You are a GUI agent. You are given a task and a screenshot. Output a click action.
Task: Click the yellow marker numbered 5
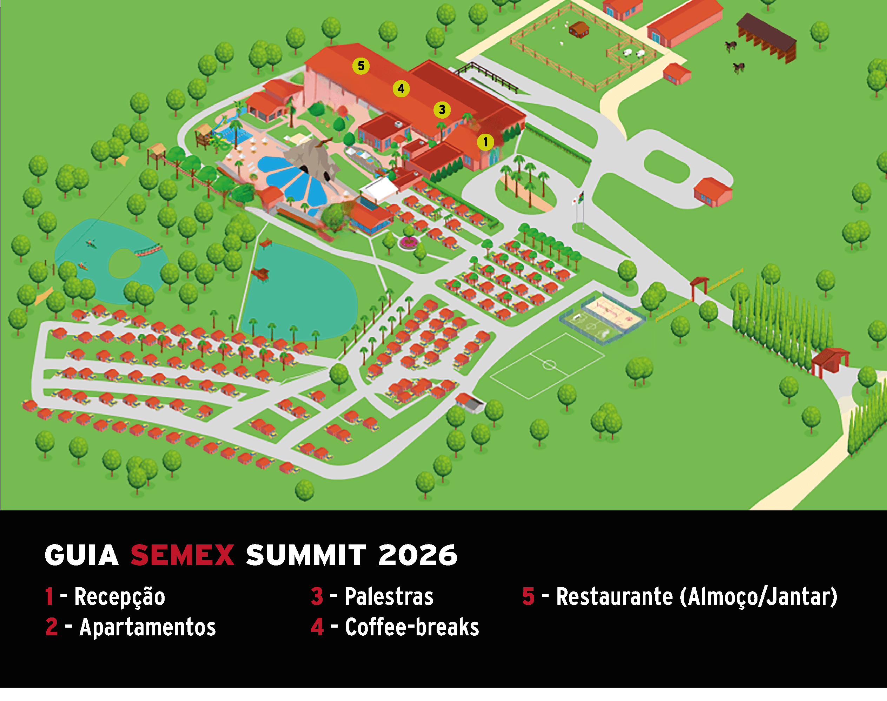(x=361, y=66)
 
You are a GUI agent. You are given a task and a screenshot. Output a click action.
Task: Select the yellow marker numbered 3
(x=442, y=110)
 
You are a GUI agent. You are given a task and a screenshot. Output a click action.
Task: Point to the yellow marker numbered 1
(x=485, y=142)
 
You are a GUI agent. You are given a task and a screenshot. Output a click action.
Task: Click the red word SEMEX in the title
(x=182, y=556)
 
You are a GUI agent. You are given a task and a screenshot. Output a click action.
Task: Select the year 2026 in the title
(x=417, y=556)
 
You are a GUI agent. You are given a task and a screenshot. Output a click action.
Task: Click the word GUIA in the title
(x=82, y=556)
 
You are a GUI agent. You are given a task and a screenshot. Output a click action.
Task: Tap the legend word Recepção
(x=119, y=597)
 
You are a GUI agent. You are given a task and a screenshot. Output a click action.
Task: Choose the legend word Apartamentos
(x=147, y=628)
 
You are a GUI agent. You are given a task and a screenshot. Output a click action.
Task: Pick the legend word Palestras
(x=389, y=597)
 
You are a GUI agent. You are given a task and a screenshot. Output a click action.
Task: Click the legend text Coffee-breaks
(x=412, y=628)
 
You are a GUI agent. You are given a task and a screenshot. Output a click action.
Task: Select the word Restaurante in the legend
(x=614, y=597)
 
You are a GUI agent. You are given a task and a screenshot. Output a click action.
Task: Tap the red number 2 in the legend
(x=51, y=628)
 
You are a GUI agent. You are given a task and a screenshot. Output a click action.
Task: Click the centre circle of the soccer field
(x=549, y=364)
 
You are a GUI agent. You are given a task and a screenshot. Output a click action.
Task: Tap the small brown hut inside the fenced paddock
(x=579, y=29)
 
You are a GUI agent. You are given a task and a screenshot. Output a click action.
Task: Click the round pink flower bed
(x=408, y=243)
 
